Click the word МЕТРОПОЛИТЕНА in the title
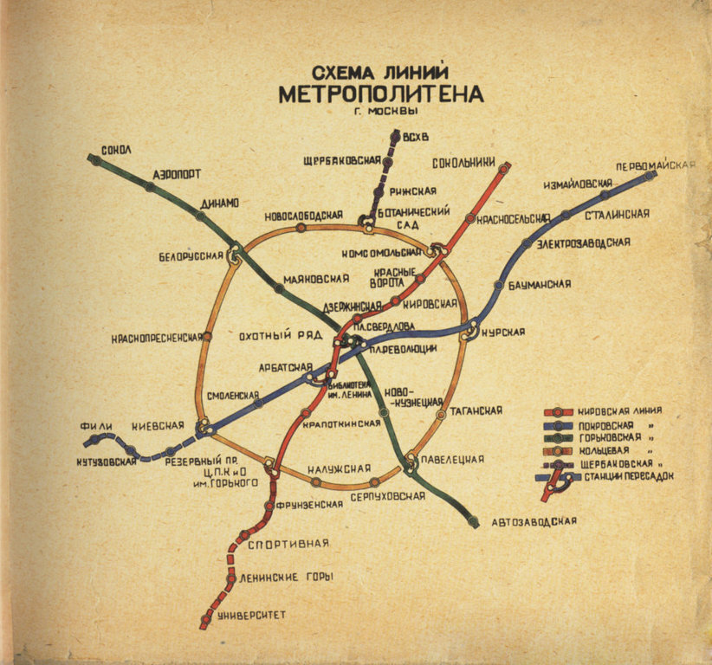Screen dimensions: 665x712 (381, 94)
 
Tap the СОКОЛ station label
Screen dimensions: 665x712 (115, 150)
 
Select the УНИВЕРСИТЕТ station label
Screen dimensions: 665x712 (251, 615)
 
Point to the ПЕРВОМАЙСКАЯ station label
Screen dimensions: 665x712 (657, 165)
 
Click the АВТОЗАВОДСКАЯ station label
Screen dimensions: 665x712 (534, 521)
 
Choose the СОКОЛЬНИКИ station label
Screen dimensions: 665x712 (463, 161)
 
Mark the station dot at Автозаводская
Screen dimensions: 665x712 (473, 522)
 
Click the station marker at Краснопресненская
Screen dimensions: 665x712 (207, 337)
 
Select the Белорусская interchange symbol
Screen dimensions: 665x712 (233, 255)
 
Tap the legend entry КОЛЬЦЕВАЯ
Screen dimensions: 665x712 (601, 450)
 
